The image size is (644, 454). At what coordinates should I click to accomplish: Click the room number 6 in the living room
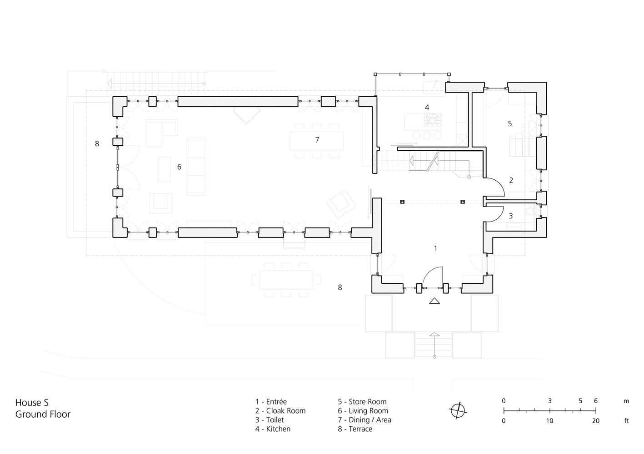[179, 167]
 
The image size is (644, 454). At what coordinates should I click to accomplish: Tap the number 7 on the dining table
[317, 140]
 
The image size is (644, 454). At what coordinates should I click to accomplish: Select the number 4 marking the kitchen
[427, 108]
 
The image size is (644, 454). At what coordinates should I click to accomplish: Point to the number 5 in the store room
[510, 123]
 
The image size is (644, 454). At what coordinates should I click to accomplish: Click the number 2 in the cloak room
[511, 180]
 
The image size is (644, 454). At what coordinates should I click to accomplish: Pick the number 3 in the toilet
[510, 216]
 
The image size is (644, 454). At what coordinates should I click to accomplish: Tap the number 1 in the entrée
[435, 248]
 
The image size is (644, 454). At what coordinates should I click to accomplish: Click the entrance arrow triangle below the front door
[434, 301]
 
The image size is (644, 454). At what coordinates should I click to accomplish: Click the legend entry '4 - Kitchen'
[273, 429]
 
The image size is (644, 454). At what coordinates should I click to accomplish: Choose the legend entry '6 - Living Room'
[363, 411]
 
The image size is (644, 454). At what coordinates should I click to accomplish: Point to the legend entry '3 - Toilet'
[270, 420]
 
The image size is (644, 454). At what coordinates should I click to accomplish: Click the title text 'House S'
[32, 402]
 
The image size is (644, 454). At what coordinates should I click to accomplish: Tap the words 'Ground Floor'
[43, 414]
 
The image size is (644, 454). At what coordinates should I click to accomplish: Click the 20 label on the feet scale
[595, 421]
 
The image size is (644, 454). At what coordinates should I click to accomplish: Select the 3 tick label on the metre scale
[550, 401]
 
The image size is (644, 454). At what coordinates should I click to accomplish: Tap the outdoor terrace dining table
[286, 280]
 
